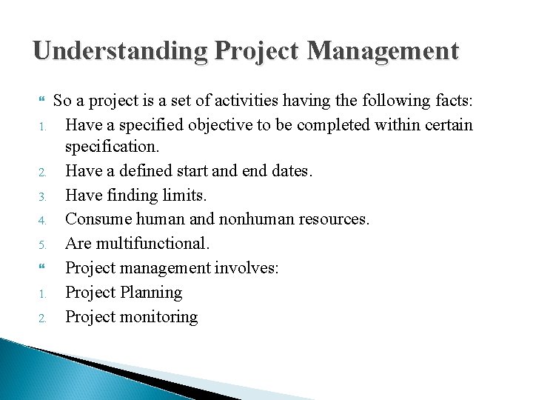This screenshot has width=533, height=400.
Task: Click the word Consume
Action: click(x=94, y=220)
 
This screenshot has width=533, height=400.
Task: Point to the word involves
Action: click(x=247, y=268)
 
